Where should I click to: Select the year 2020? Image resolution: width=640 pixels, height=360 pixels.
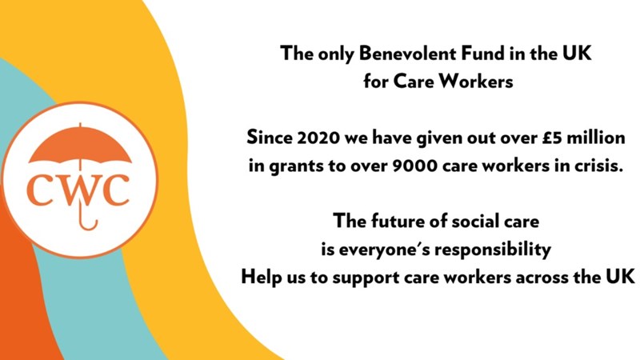coord(318,138)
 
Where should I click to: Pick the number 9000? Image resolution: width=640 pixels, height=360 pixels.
coord(414,166)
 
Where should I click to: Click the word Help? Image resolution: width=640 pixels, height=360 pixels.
coord(260,277)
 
